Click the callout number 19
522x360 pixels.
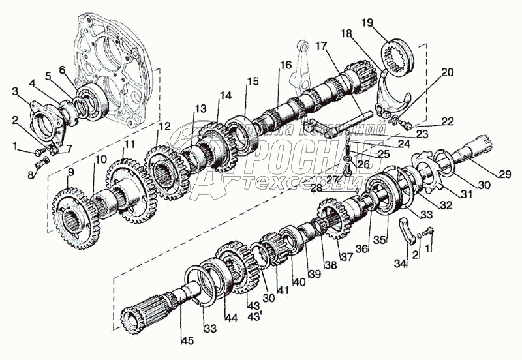coord(367,23)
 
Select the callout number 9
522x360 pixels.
coord(70,172)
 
